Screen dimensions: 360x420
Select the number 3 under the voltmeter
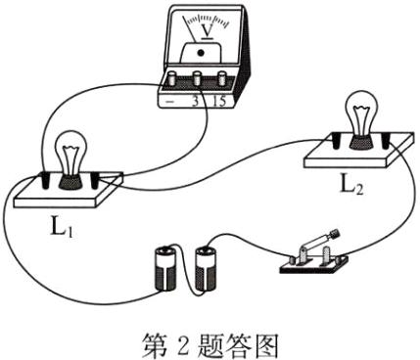tap(202, 100)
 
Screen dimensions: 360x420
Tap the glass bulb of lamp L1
tap(71, 152)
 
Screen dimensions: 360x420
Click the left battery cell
tap(162, 270)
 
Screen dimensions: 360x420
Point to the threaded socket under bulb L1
tap(71, 178)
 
